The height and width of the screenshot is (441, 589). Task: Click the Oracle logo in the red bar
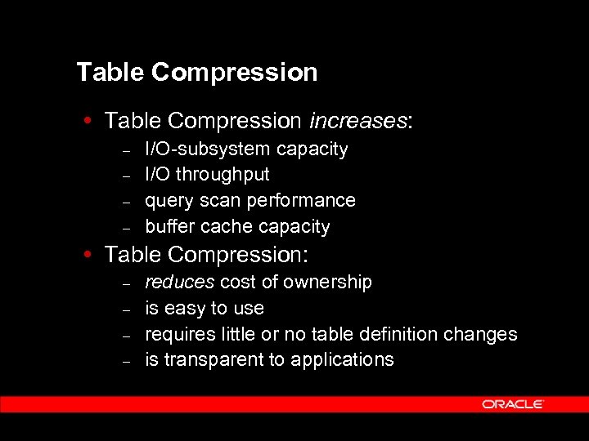[x=513, y=404]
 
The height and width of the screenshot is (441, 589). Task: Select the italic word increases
[x=357, y=121]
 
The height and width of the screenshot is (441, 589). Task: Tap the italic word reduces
[x=179, y=283]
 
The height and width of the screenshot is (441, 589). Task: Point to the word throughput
[x=223, y=175]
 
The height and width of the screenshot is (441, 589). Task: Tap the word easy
[x=186, y=309]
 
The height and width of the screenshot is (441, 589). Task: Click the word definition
[x=399, y=334]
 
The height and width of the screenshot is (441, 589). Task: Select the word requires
[x=179, y=334]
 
